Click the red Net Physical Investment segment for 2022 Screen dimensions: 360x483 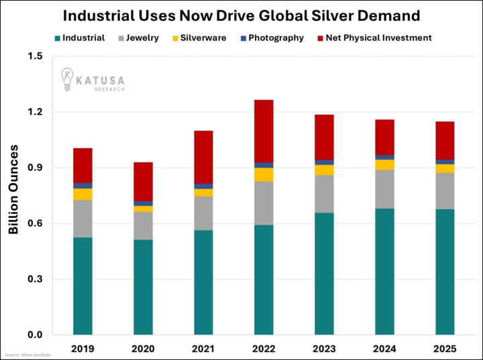pos(264,131)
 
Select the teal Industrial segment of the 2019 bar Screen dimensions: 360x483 pos(83,286)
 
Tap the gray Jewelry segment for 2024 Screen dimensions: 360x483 pos(384,189)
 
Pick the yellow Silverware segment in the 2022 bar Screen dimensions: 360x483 pos(264,174)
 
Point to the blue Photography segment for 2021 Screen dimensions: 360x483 pos(203,186)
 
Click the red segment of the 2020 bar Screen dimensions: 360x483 pos(143,181)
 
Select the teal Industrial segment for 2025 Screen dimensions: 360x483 pos(445,272)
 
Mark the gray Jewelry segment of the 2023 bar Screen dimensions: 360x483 pos(324,194)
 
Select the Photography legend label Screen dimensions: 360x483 pos(276,38)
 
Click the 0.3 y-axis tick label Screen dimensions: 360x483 pos(34,279)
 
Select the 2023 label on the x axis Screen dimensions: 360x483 pos(324,349)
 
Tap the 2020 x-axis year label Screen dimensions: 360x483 pos(143,349)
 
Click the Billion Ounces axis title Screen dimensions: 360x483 pos(13,190)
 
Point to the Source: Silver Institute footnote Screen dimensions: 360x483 pos(28,355)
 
